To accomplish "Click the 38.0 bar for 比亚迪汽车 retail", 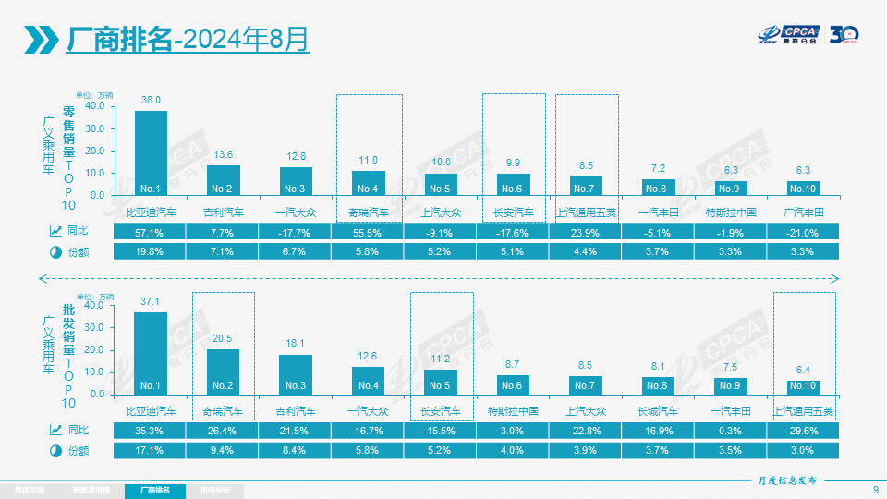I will [151, 152].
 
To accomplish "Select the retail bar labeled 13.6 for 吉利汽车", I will [223, 180].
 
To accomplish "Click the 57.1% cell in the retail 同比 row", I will [150, 232].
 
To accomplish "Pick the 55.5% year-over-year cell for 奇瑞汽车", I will [369, 232].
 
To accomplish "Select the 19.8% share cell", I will [150, 251].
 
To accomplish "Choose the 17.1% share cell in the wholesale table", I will [150, 450].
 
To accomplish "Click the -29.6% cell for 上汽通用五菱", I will [804, 431].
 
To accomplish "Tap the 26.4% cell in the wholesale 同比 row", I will [223, 431].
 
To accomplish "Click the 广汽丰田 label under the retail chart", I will [804, 213].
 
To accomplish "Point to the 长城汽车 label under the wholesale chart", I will [658, 411].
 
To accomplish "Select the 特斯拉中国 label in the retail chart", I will [731, 213].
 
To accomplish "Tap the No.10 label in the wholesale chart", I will [804, 385].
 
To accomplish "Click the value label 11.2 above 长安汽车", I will [440, 359].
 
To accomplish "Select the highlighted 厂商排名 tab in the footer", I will [154, 490].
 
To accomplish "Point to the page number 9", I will [875, 490].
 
